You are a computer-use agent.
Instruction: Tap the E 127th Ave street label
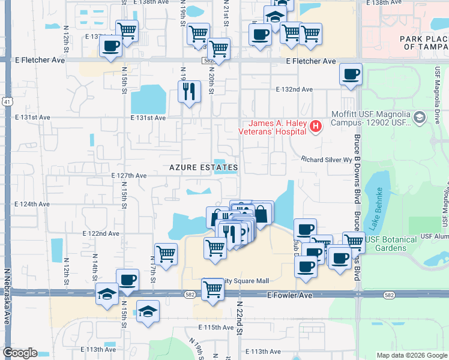pyautogui.click(x=129, y=176)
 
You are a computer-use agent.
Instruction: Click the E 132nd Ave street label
pyautogui.click(x=294, y=89)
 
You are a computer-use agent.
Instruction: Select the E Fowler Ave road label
pyautogui.click(x=290, y=296)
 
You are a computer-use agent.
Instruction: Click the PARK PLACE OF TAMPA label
pyautogui.click(x=424, y=43)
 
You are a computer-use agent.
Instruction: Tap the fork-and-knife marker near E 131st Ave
pyautogui.click(x=189, y=92)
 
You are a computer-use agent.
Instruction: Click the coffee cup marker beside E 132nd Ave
pyautogui.click(x=351, y=75)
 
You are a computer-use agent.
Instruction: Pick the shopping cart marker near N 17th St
pyautogui.click(x=166, y=254)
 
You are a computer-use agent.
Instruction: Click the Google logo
pyautogui.click(x=20, y=353)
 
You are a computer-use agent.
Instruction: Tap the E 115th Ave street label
pyautogui.click(x=215, y=328)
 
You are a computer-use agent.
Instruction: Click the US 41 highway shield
pyautogui.click(x=6, y=103)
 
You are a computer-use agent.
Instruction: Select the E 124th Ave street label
pyautogui.click(x=32, y=205)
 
